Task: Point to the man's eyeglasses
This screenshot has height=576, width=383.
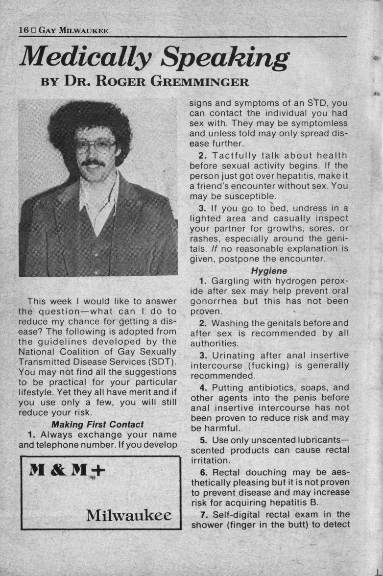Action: (96, 145)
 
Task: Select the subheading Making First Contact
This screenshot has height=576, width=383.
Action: (97, 424)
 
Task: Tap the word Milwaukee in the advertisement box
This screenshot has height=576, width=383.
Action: (129, 515)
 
